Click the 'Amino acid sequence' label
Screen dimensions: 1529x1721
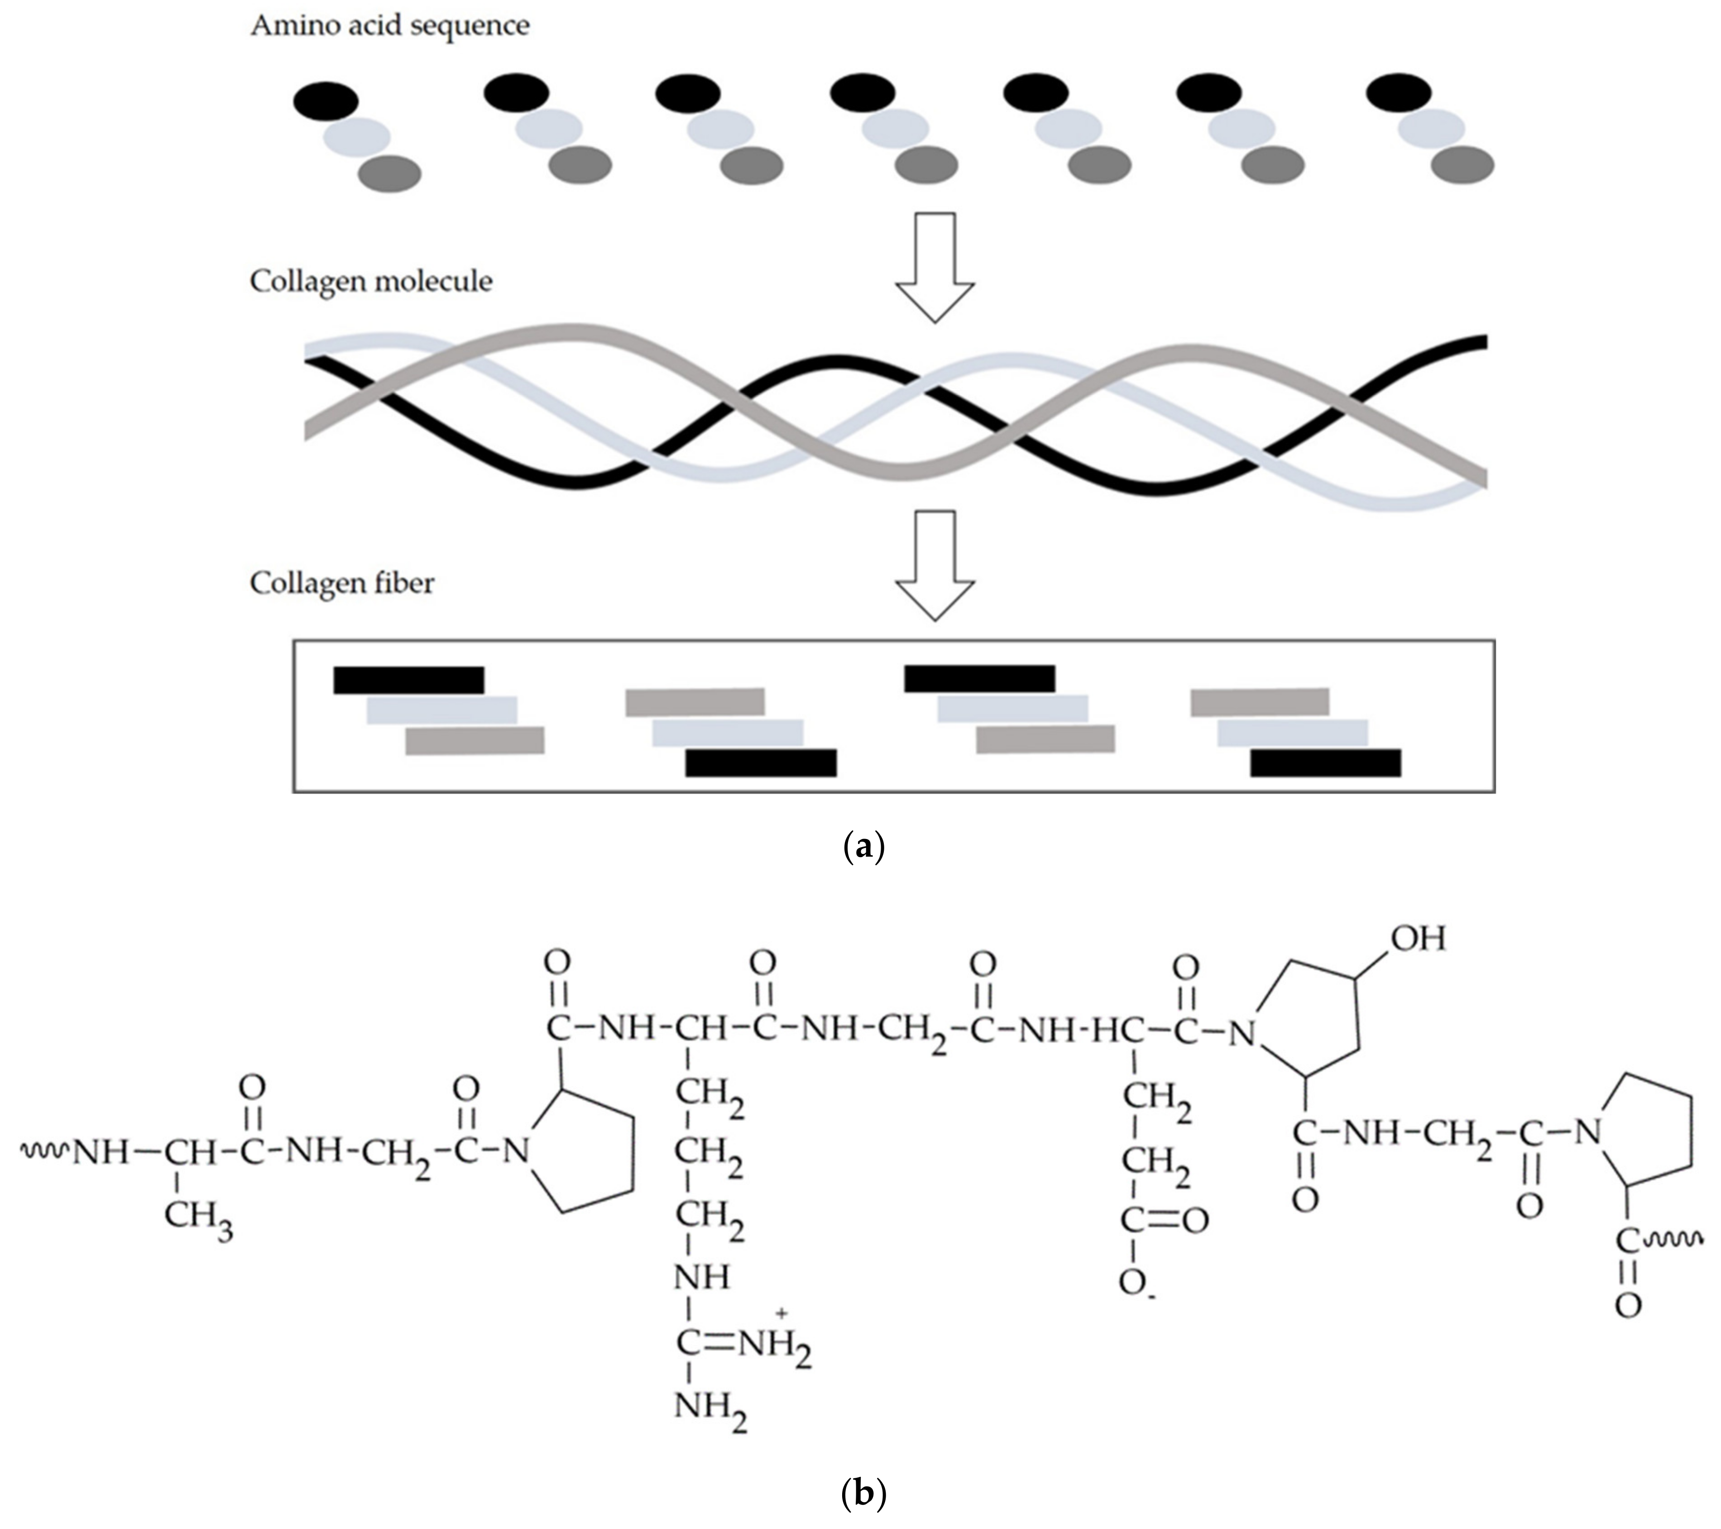point(390,25)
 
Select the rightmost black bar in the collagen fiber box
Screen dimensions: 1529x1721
point(1325,762)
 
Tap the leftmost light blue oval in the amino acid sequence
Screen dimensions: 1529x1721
point(357,135)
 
